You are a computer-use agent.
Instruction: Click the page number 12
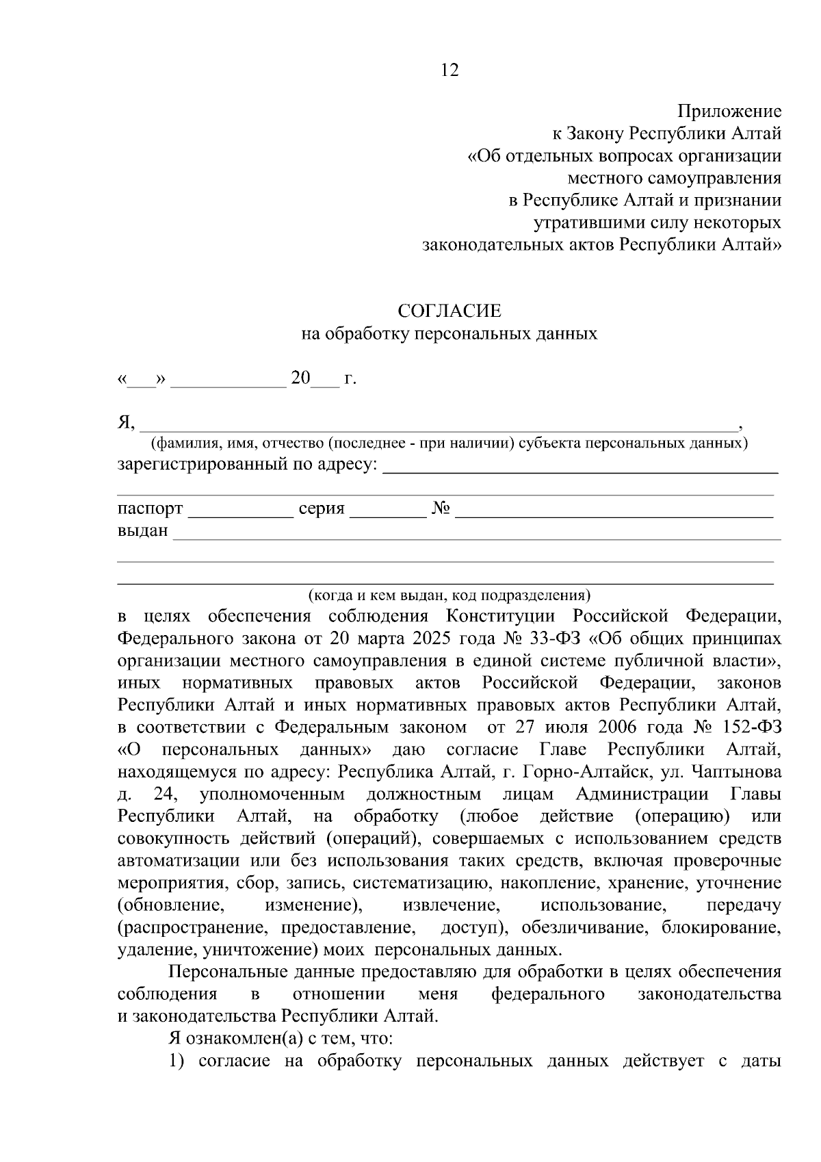(450, 70)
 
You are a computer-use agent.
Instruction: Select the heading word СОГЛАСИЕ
(449, 311)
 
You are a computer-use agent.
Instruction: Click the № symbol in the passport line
(441, 509)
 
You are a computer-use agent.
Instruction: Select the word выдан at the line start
(142, 531)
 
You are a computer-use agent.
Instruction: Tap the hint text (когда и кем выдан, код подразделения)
(449, 594)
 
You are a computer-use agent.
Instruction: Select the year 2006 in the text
(618, 727)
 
